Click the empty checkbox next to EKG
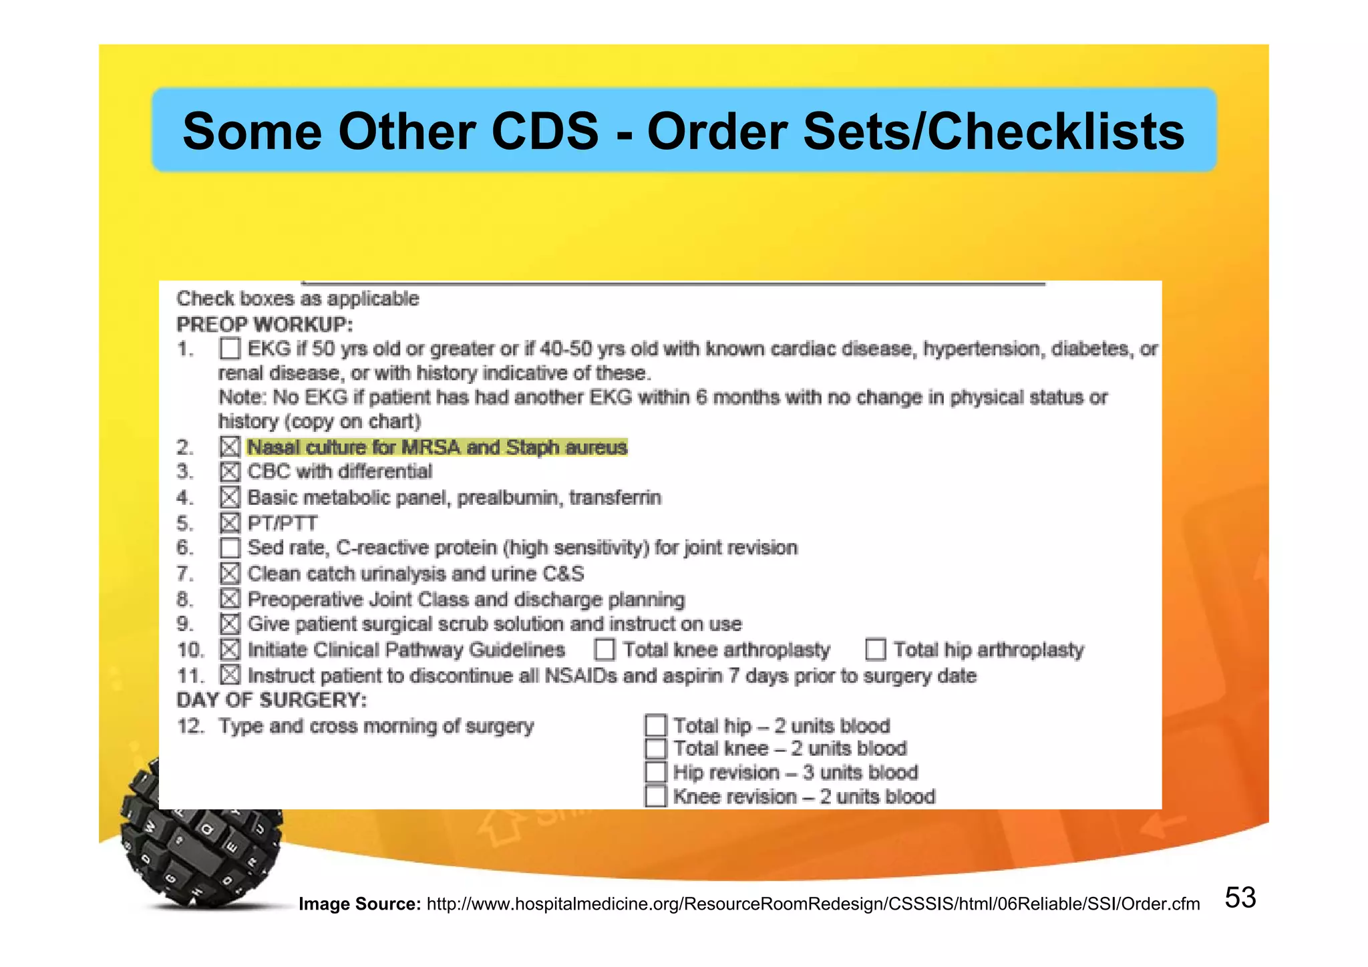coord(230,349)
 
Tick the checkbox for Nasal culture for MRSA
coord(230,447)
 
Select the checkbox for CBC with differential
coord(230,472)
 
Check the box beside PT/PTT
coord(230,523)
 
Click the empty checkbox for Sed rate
coord(230,548)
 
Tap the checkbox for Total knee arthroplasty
coord(605,649)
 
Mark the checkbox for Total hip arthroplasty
coord(875,649)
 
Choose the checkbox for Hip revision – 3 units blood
coord(656,772)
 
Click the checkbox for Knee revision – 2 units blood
coord(656,796)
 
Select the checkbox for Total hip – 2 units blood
coord(656,725)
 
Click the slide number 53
coord(1240,898)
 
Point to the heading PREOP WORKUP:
coord(265,325)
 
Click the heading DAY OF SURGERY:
coord(271,700)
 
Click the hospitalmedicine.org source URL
coord(813,904)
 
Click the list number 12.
coord(190,726)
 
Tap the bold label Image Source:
coord(359,904)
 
